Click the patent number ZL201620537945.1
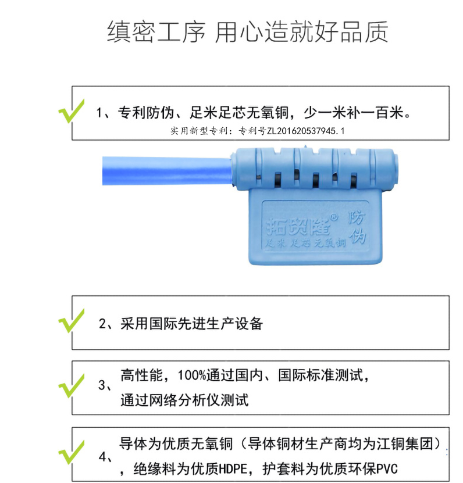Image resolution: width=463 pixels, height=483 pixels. (305, 131)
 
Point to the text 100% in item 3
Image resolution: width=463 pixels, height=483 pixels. (193, 375)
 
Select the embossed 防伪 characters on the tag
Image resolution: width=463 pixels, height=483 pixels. (357, 228)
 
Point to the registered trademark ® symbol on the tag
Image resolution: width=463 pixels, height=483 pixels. (333, 216)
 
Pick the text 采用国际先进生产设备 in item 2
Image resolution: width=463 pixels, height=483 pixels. (191, 324)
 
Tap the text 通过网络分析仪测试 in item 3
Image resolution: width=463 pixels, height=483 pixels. (184, 400)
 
